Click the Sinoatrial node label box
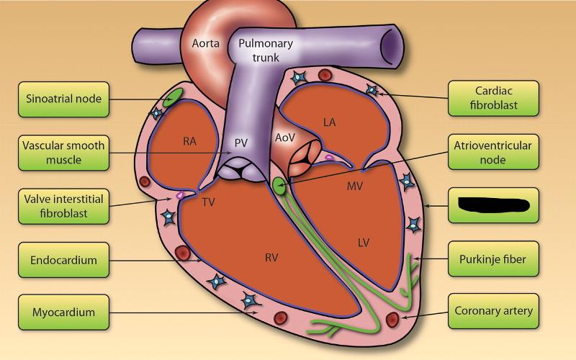point(63,99)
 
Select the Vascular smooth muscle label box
point(63,152)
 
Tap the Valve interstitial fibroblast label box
point(63,206)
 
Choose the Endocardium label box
point(63,260)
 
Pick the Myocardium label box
point(63,312)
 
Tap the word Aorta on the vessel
point(205,43)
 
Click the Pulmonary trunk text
point(266,50)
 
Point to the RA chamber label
point(189,141)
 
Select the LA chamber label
point(329,122)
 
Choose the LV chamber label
point(364,243)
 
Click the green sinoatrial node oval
point(173,99)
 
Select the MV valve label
point(353,186)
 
